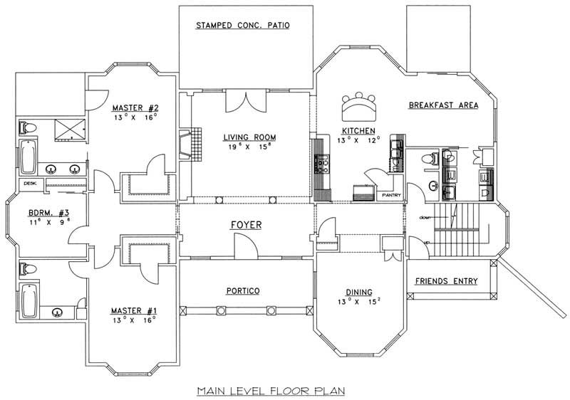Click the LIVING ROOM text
point(249,137)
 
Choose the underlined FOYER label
point(245,225)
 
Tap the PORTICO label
point(243,291)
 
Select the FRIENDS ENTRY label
point(446,281)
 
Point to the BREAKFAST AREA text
point(443,105)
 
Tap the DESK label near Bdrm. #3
point(30,183)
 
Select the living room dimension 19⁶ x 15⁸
point(249,147)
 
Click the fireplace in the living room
point(186,142)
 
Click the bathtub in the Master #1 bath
point(29,300)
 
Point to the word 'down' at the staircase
point(425,217)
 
